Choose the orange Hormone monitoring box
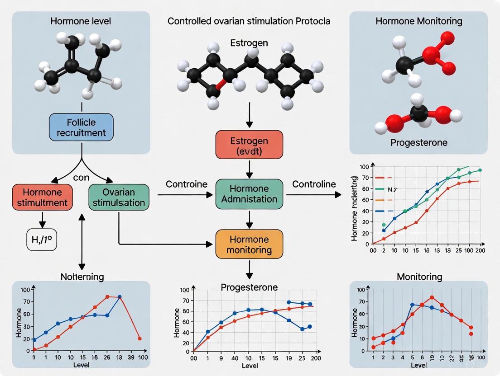(x=249, y=244)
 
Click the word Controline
(x=314, y=184)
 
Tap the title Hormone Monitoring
(x=418, y=21)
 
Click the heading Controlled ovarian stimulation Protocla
(x=249, y=21)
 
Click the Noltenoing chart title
(x=82, y=277)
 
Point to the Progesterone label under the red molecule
(x=418, y=142)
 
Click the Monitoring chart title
(x=419, y=277)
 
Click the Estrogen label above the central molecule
(x=249, y=43)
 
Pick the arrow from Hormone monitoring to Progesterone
(x=249, y=270)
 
